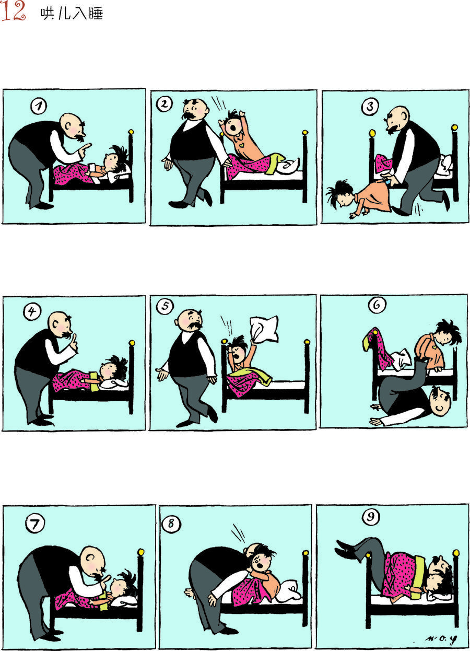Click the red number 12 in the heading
coord(13,11)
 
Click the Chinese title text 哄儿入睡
coord(72,14)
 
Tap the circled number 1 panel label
coord(39,106)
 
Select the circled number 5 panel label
coord(165,306)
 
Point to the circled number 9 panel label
coord(371,516)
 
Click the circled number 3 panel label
coord(370,107)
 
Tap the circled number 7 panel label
coord(35,524)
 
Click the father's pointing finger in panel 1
coord(86,147)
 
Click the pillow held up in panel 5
coord(264,329)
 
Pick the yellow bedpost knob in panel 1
coord(131,132)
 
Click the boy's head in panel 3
coord(342,193)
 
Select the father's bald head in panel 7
coord(92,559)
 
